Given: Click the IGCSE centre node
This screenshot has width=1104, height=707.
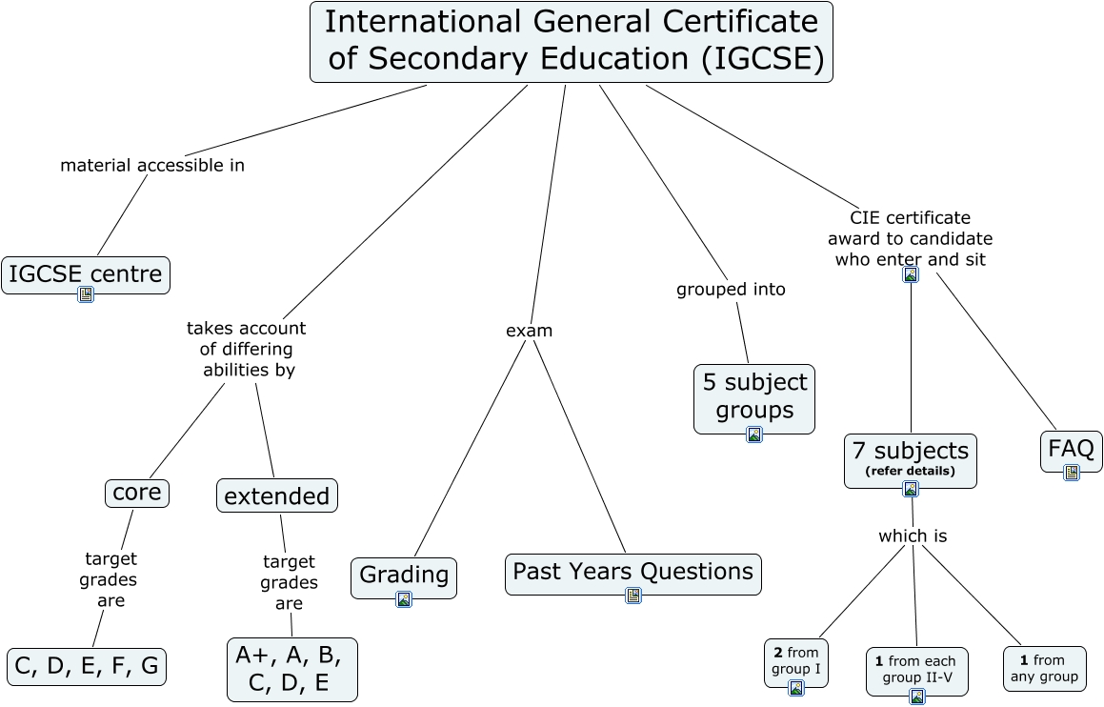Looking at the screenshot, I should [x=86, y=274].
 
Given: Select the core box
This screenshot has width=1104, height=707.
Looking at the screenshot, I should [x=137, y=493].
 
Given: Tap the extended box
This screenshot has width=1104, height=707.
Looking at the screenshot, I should [x=277, y=495].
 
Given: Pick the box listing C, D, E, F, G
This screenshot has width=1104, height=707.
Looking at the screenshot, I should [x=87, y=666].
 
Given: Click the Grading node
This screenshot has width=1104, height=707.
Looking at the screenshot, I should [x=404, y=575].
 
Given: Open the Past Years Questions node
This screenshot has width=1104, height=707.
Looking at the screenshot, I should [x=632, y=572].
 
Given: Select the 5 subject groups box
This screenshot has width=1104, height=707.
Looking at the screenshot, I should [x=754, y=395].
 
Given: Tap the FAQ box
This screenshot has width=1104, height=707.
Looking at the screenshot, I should [x=1071, y=448].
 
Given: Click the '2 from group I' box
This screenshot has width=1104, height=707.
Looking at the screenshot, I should [x=796, y=662].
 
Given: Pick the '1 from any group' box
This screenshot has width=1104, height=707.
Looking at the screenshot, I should [x=1044, y=669].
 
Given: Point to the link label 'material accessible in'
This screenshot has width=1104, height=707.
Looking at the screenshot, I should [x=152, y=166].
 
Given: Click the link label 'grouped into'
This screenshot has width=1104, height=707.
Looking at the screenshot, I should [x=731, y=290].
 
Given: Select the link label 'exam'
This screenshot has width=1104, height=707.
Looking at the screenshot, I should [x=529, y=332].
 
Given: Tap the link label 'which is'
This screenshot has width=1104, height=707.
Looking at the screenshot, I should [x=913, y=536].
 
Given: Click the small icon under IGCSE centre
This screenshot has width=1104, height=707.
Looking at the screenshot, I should [x=86, y=294].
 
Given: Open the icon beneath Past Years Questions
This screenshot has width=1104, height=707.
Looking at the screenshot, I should [x=633, y=596].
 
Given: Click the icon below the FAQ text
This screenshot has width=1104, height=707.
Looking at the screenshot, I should [x=1072, y=472].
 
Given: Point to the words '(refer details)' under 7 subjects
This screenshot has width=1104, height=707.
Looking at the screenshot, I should [x=910, y=471].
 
